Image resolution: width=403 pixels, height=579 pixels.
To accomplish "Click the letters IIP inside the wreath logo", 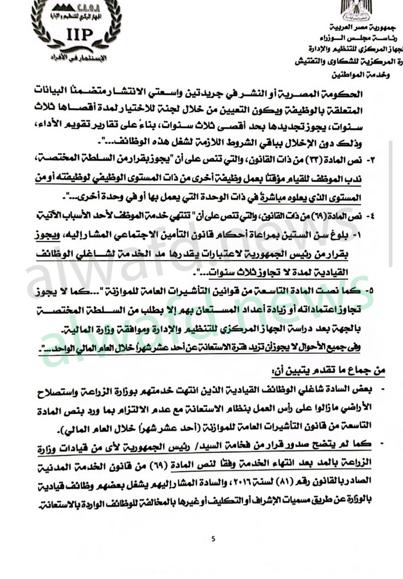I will tap(78, 33).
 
